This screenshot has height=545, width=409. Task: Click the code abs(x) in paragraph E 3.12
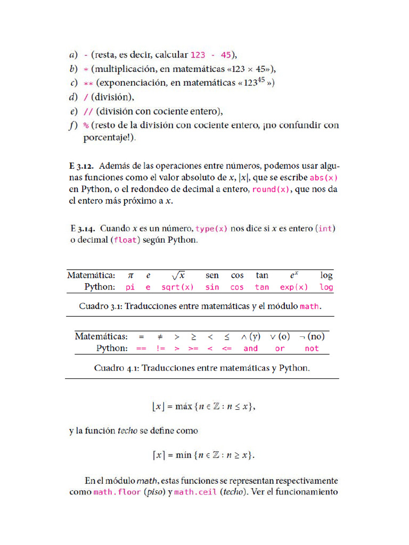coord(324,178)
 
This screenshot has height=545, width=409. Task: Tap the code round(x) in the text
coord(271,189)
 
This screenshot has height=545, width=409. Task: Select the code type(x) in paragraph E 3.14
coord(211,228)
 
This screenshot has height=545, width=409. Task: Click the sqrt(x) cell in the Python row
coord(177,287)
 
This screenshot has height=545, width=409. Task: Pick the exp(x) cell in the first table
coord(294,287)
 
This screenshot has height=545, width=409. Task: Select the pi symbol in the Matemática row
coord(130,275)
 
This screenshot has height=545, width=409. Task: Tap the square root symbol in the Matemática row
coord(178,275)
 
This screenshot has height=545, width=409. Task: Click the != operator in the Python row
coord(161,349)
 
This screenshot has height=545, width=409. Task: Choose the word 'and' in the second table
coord(250,349)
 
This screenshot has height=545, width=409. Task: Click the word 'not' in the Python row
coord(312,349)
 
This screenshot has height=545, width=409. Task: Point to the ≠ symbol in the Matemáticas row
coord(160,336)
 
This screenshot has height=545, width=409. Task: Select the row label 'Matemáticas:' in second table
coord(101,336)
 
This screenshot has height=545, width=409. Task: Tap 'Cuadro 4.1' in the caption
coord(117,368)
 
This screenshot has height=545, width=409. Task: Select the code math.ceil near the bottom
coord(196,492)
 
